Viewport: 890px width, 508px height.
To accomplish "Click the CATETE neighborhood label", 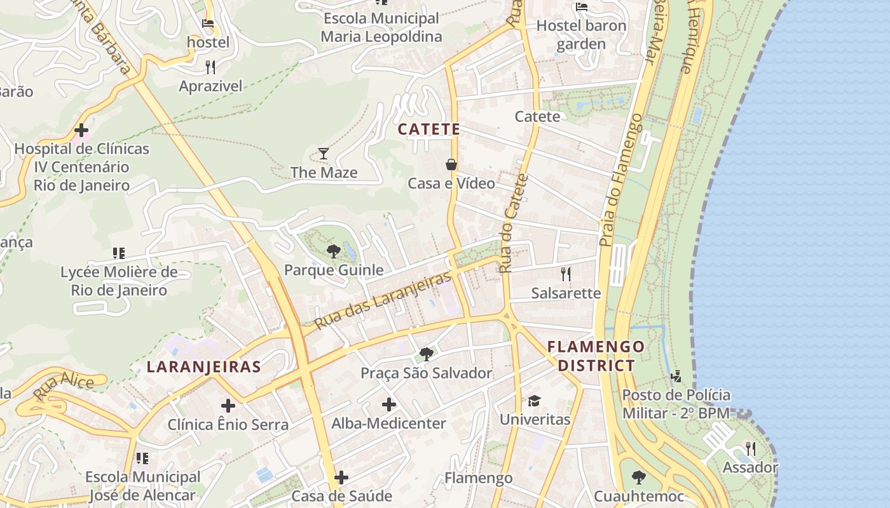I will tap(428, 130).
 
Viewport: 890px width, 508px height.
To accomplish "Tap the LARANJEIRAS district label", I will tap(203, 367).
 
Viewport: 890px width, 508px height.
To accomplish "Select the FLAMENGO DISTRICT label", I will tap(596, 356).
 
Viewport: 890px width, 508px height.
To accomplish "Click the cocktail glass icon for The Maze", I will tap(324, 154).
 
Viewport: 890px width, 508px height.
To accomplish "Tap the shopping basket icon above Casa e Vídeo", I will tap(451, 164).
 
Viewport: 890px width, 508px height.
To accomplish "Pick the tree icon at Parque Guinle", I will tap(333, 251).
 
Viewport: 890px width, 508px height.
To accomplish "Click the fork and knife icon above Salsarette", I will tap(566, 274).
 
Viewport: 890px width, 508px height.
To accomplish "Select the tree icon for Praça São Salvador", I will tap(426, 354).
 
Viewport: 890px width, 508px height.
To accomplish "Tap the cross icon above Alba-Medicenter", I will tap(389, 404).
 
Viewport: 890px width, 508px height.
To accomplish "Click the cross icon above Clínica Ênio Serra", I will tap(228, 406).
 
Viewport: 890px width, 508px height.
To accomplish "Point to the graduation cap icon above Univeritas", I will tap(534, 401).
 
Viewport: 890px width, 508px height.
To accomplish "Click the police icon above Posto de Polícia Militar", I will tap(676, 377).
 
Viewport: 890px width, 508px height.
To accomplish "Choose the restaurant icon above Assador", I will tap(750, 449).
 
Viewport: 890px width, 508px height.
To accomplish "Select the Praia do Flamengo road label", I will tap(621, 180).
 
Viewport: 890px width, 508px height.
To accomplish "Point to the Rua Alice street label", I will tap(64, 387).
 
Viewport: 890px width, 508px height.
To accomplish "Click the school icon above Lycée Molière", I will tap(118, 254).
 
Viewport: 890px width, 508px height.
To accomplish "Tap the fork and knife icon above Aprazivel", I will tap(210, 67).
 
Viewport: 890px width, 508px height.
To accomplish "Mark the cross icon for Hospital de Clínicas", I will tap(81, 131).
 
